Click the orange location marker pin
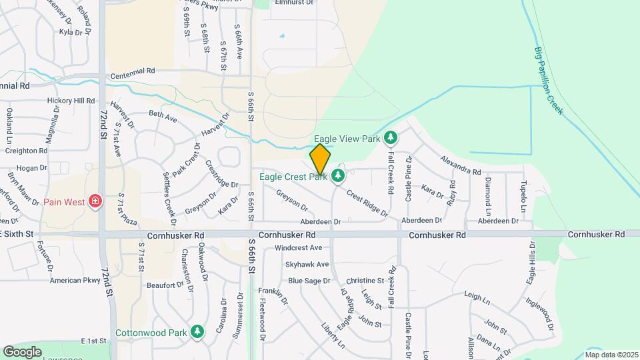(x=321, y=159)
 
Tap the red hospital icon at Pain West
(x=95, y=201)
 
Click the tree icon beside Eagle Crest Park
(x=339, y=176)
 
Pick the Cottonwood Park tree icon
(x=197, y=331)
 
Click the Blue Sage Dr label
(x=309, y=281)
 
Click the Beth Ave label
(x=163, y=117)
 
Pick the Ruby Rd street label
(x=453, y=191)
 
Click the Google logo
(x=23, y=351)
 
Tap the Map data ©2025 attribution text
(x=611, y=355)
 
